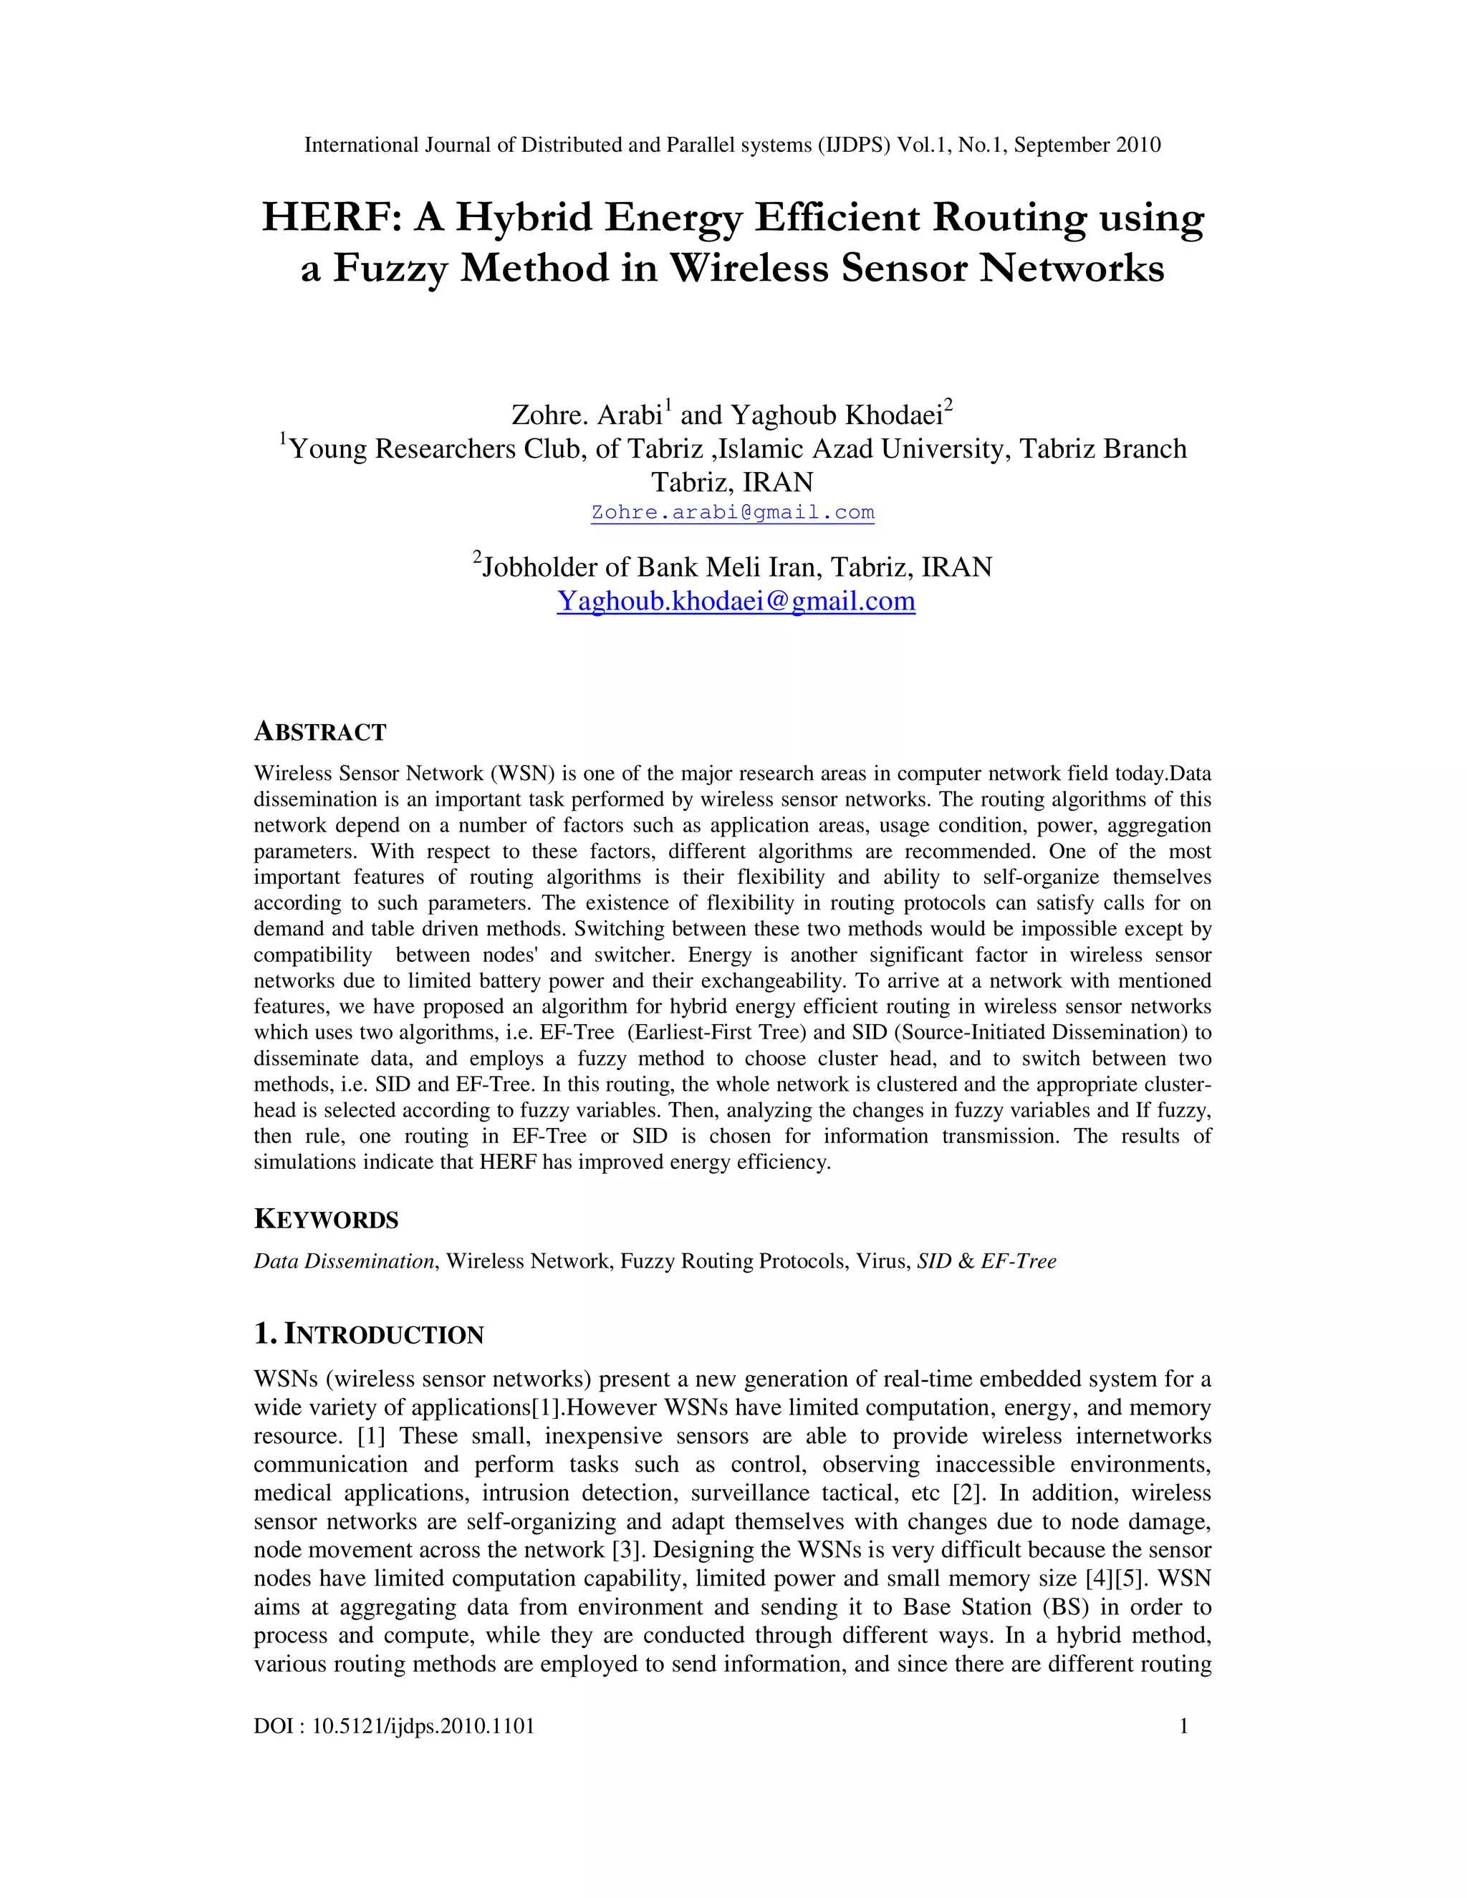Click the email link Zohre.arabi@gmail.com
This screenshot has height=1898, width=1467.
click(x=733, y=512)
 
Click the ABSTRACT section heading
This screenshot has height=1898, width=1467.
click(x=319, y=732)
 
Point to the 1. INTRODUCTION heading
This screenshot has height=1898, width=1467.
click(x=368, y=1334)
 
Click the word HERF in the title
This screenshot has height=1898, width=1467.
click(x=330, y=217)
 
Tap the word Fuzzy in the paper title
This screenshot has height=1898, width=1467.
click(x=390, y=268)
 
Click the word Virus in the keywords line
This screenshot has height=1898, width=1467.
click(x=882, y=1261)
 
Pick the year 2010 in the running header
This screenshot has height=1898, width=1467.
click(x=1137, y=145)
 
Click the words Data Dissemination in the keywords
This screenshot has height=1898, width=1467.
click(x=343, y=1261)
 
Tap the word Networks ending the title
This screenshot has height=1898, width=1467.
click(x=1072, y=268)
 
